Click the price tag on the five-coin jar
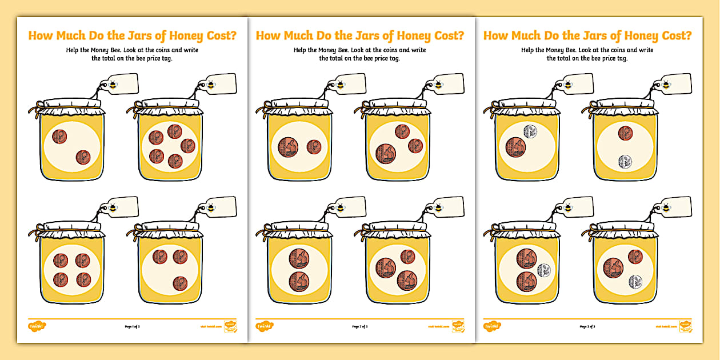point(219,83)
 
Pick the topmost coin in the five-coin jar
point(175,133)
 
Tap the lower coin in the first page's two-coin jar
point(83,157)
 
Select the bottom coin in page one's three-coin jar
point(180,283)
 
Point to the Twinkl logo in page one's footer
point(37,326)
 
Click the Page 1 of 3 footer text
point(132,327)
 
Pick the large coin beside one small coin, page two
point(288,147)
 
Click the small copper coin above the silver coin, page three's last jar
point(635,257)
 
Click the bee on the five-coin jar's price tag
point(211,85)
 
